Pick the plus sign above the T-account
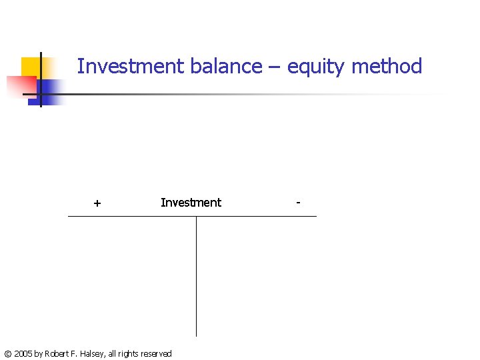(x=97, y=203)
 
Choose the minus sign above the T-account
(x=298, y=201)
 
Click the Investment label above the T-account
(x=191, y=203)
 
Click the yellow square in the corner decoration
(x=31, y=67)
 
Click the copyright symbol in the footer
(x=7, y=354)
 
